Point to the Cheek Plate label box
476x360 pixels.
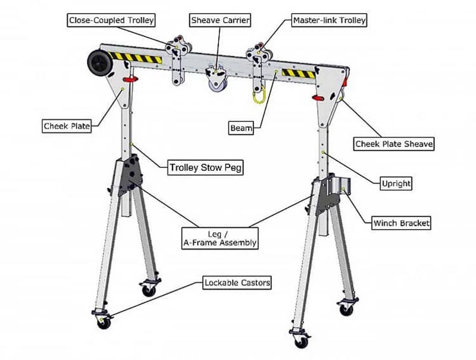[67, 126]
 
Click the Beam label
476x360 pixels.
[241, 127]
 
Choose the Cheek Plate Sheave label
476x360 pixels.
[394, 144]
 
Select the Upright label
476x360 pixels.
[396, 183]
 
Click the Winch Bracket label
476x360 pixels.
[401, 224]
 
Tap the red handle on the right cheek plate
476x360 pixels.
[318, 96]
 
